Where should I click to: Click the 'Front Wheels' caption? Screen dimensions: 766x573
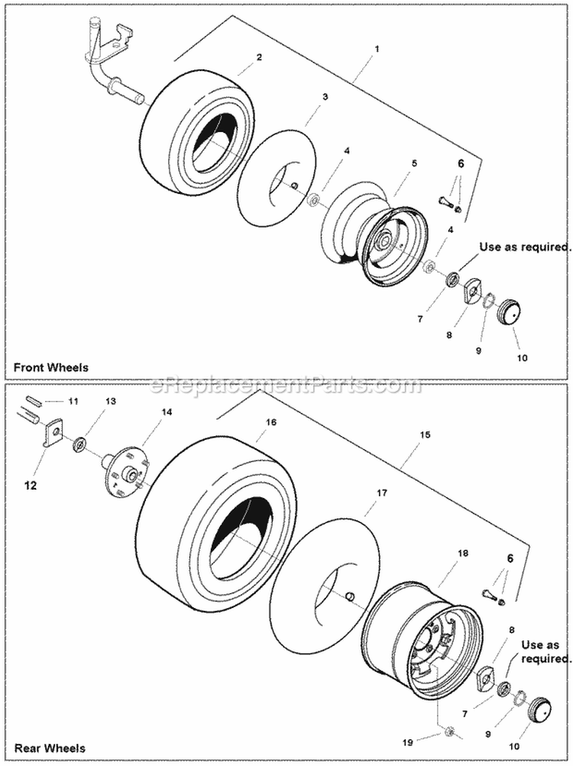click(51, 367)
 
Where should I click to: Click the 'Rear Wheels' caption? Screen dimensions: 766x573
click(49, 748)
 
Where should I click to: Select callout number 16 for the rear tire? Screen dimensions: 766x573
click(271, 422)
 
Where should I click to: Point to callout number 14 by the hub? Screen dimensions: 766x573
click(167, 412)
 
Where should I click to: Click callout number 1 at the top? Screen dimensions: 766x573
click(377, 49)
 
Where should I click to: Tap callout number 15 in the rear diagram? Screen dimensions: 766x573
click(426, 435)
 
